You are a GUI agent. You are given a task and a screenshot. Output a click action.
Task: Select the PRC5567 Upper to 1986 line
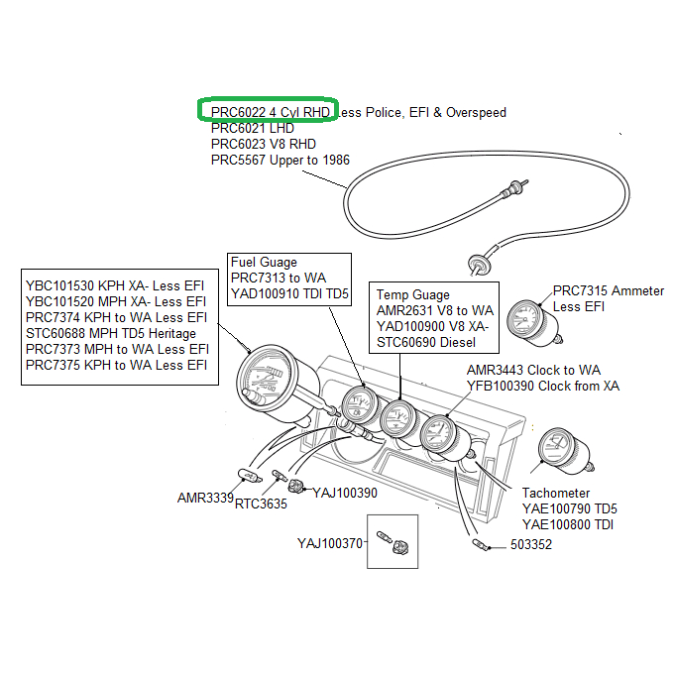[x=280, y=160]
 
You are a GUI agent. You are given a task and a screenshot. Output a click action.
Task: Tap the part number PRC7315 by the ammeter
[x=580, y=290]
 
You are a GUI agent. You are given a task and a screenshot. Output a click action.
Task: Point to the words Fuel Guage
[x=264, y=263]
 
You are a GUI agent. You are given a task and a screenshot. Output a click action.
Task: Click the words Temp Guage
[x=413, y=294]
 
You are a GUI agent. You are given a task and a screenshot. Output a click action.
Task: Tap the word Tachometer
[x=555, y=493]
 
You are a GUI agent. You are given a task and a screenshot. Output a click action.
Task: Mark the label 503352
[x=531, y=545]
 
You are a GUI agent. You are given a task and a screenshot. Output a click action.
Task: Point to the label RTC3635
[x=261, y=504]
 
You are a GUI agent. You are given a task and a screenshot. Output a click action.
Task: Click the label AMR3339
[x=205, y=497]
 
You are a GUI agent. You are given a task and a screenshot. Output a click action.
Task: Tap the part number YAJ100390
[x=345, y=492]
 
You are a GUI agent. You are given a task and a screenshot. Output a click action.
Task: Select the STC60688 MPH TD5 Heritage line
[x=110, y=333]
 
